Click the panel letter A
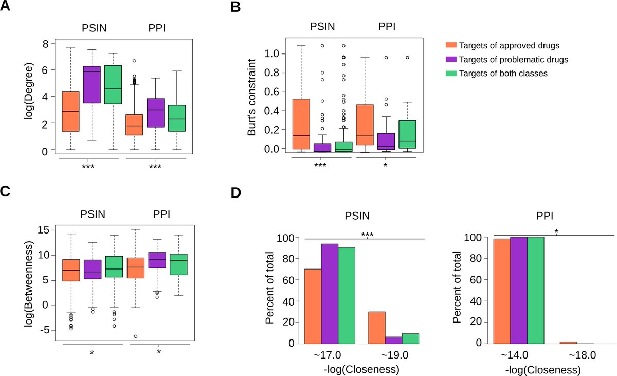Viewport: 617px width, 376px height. coord(5,6)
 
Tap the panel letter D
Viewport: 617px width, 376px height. coord(236,192)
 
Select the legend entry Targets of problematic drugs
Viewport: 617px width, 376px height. coord(514,60)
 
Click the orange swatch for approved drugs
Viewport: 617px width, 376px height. coord(451,45)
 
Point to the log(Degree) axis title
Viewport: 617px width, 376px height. coord(29,91)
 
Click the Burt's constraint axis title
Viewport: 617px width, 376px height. coord(251,97)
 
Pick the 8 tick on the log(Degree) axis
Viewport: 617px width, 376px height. coord(45,44)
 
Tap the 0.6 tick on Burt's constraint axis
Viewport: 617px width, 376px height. coord(271,92)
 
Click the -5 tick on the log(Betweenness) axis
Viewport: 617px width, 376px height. coord(45,330)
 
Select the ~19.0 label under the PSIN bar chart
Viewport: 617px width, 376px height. coord(395,355)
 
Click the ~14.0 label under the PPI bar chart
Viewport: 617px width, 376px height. coord(515,355)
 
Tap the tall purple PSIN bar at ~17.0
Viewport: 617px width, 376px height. coord(330,294)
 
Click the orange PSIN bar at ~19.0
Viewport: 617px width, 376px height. coord(377,328)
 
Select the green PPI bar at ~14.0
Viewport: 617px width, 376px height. coord(535,290)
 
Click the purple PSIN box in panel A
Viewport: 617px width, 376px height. coord(92,84)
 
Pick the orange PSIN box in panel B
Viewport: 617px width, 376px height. coord(301,124)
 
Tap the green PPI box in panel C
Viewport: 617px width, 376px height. coord(179,264)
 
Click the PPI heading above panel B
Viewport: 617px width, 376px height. coord(387,26)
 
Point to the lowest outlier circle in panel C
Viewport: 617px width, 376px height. coord(136,336)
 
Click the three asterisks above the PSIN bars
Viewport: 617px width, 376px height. coord(367,235)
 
